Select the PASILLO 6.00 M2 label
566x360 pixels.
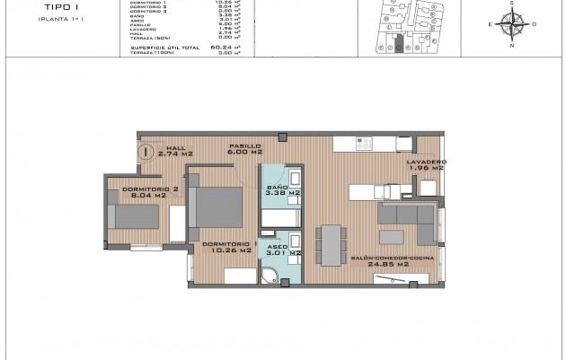pos(244,149)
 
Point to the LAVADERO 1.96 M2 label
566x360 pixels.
pos(426,166)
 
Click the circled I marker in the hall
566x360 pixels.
pos(146,152)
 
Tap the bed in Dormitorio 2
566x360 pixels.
pos(135,218)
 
